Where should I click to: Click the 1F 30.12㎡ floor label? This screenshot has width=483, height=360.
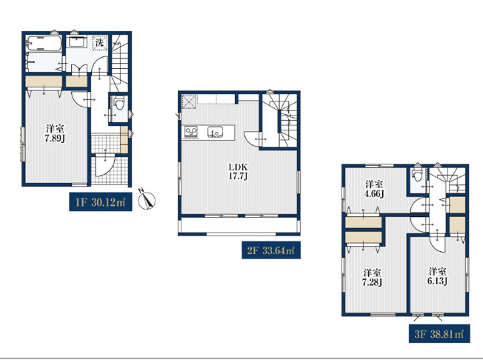point(101,202)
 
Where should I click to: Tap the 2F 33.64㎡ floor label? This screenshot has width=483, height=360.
point(271,250)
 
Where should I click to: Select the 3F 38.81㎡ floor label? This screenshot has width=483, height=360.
point(439,334)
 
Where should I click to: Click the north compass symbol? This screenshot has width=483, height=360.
point(147,199)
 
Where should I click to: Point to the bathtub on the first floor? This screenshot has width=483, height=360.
point(44,44)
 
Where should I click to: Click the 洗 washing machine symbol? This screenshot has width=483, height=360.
point(100,42)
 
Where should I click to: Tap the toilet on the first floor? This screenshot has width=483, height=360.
point(119,103)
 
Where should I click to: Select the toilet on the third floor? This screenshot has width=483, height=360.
point(417,174)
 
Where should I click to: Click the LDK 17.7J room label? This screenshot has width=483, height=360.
point(238,172)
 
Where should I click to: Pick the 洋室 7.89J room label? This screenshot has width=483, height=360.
point(55,133)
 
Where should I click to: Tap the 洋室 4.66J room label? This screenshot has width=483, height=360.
point(374,189)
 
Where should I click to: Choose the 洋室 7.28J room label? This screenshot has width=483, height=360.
point(373,277)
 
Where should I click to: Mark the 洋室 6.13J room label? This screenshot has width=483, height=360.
point(438,276)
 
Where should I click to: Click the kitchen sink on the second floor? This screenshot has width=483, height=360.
point(213,132)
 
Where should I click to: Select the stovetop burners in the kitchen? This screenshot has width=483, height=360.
point(191,132)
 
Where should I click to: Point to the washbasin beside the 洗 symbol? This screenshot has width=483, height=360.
point(78,41)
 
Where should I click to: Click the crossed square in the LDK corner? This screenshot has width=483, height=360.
point(189,101)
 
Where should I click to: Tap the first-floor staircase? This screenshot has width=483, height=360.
point(119,64)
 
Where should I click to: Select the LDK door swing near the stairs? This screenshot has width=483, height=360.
point(253,139)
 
